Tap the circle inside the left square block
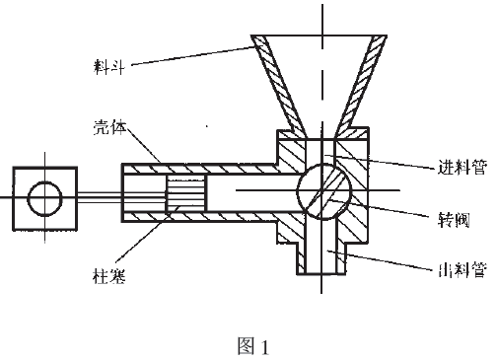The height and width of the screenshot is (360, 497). [44, 197]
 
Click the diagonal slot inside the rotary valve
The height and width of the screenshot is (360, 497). [322, 191]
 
